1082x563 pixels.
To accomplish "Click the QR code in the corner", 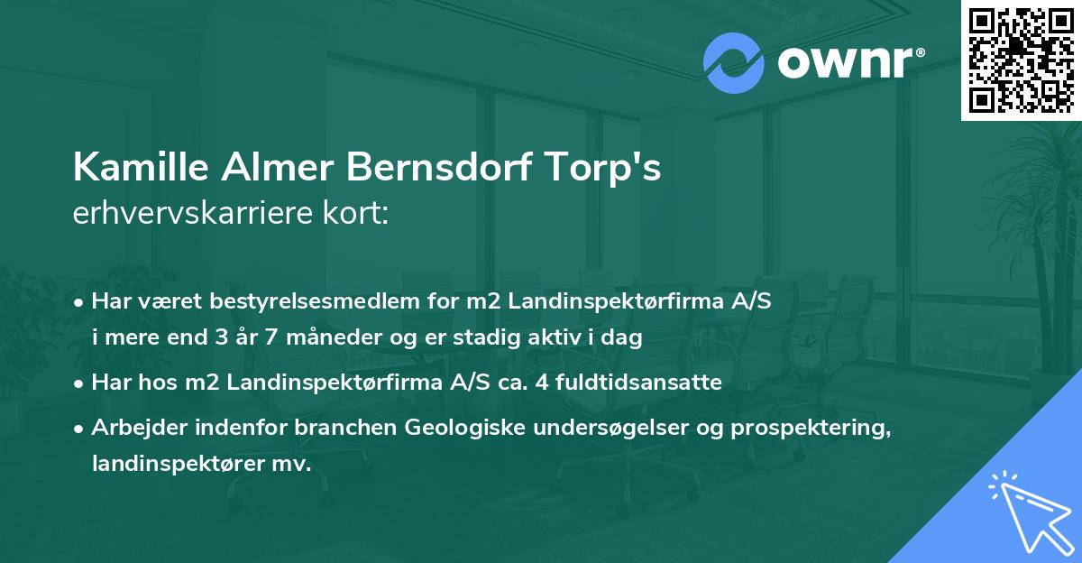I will click(x=1021, y=60).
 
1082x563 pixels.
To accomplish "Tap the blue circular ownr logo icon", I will click(x=733, y=63).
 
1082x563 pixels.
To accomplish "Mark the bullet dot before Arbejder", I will click(x=80, y=428).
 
